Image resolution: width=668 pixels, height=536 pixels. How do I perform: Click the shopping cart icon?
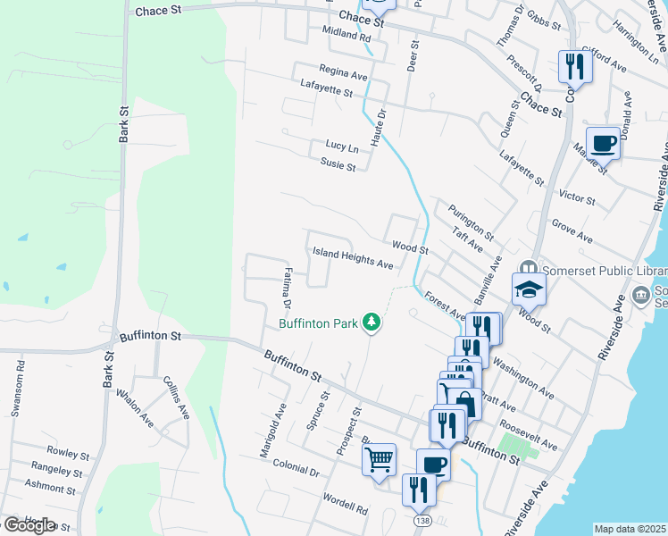tap(380, 460)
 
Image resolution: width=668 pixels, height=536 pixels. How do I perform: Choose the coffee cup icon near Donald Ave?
tap(603, 142)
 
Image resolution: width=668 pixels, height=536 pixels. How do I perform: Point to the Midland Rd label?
tap(347, 37)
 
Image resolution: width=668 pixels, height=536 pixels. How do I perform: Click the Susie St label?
tap(338, 164)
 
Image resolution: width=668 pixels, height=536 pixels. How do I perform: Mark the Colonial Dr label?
tap(296, 466)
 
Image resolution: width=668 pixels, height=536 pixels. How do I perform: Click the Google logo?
tap(29, 525)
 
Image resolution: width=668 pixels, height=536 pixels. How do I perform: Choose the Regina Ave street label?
tap(344, 73)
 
